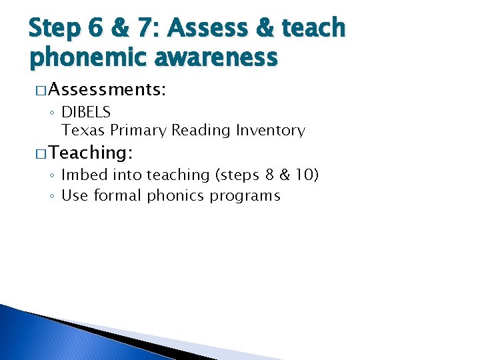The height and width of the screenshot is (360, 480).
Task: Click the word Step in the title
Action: click(56, 29)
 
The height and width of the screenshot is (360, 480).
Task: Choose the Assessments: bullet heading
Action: click(107, 90)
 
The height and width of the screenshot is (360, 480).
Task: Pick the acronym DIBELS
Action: click(86, 113)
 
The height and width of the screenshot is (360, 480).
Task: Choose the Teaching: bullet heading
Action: click(91, 153)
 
